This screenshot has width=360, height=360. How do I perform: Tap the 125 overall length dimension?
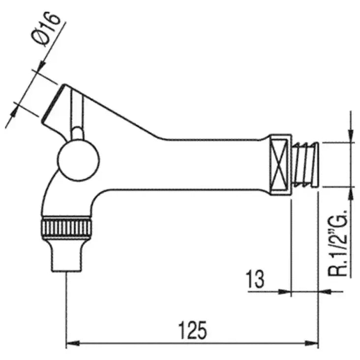coord(192,330)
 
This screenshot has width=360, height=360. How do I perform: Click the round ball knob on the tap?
coord(78,160)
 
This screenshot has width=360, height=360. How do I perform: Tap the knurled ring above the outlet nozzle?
coord(66,228)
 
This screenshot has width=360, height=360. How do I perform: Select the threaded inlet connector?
coord(305,164)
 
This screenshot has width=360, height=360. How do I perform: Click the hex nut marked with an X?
coord(280,164)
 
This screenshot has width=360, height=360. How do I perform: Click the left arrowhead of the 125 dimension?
coord(73,343)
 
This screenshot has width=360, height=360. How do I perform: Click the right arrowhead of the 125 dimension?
coord(311,343)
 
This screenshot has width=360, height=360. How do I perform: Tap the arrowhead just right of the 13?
coord(285,291)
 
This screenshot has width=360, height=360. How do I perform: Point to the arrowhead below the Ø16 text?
coord(41,65)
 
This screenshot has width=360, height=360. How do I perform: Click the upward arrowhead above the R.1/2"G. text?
coord(350,194)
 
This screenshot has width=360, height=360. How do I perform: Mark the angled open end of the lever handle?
coord(53,103)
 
